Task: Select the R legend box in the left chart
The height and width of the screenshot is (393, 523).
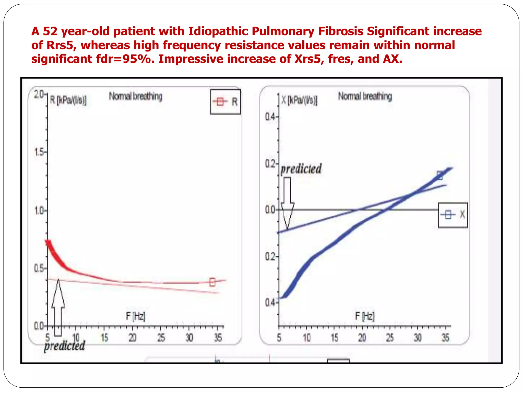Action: click(225, 102)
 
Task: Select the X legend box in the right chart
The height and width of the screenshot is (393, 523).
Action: click(453, 215)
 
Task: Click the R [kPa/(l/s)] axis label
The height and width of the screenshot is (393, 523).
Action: click(68, 100)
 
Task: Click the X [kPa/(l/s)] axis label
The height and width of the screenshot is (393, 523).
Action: click(299, 100)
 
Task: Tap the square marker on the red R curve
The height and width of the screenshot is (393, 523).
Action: click(212, 282)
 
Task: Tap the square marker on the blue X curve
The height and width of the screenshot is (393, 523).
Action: click(439, 176)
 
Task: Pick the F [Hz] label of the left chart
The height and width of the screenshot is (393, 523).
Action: click(135, 316)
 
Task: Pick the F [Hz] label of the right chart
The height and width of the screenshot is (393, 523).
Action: click(365, 316)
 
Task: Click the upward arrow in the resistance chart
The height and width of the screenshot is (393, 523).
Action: click(58, 307)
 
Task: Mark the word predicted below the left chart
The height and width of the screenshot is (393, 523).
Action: click(64, 346)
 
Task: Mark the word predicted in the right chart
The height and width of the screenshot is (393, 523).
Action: click(301, 169)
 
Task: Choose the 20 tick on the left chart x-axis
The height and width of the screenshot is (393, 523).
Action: click(132, 338)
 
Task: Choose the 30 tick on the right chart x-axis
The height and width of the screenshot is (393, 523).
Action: click(418, 338)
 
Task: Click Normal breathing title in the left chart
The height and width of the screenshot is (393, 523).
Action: click(135, 96)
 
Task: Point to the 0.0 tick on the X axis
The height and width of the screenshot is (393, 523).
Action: click(270, 210)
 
